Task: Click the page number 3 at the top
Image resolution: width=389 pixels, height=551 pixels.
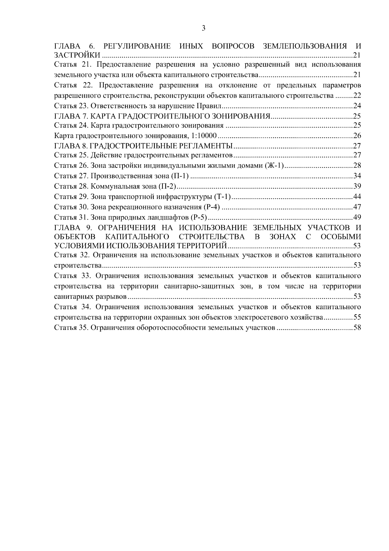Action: [203, 28]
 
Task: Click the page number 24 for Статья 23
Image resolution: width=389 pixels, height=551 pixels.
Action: [357, 106]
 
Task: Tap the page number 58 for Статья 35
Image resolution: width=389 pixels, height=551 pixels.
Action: [357, 328]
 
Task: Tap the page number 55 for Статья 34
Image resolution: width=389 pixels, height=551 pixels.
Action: [357, 317]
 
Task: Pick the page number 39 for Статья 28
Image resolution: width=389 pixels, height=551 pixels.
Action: [357, 187]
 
